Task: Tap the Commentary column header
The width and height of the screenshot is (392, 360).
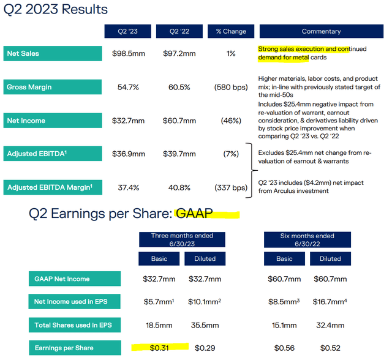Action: coord(321,31)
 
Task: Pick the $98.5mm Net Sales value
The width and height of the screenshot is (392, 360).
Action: coord(126,54)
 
